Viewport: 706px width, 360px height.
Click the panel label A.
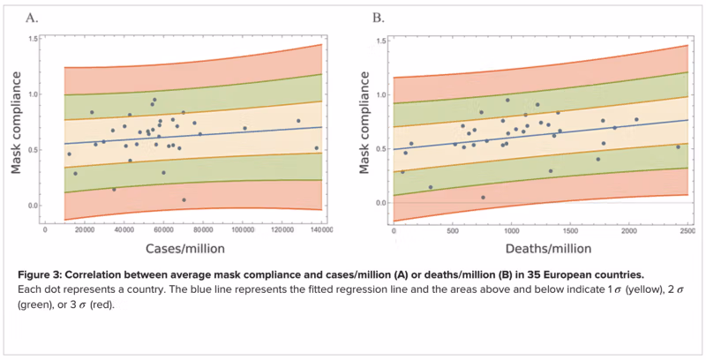pyautogui.click(x=32, y=18)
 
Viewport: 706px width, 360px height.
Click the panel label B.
pyautogui.click(x=378, y=18)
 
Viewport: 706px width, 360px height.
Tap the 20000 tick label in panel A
pyautogui.click(x=85, y=229)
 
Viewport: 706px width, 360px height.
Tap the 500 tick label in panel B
pyautogui.click(x=452, y=229)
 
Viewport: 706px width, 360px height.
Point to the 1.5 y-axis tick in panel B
pyautogui.click(x=379, y=39)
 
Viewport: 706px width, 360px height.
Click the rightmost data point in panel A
pyautogui.click(x=317, y=148)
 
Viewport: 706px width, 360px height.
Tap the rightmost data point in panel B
pyautogui.click(x=678, y=146)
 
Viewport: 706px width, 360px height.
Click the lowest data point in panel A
pyautogui.click(x=184, y=199)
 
